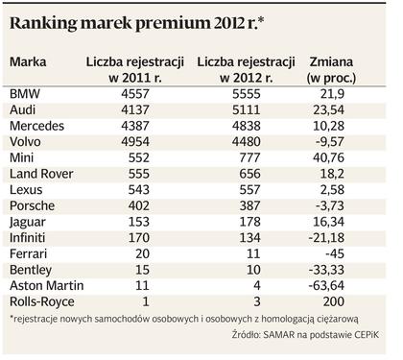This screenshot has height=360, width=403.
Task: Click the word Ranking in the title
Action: pos(43,24)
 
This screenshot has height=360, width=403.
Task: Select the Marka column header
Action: pos(28,61)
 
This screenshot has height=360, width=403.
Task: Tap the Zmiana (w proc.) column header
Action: pos(331,69)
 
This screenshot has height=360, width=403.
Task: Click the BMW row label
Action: pos(25,94)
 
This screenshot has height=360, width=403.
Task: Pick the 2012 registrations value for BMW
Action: pos(247,94)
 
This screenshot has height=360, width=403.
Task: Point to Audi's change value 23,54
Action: pos(328,109)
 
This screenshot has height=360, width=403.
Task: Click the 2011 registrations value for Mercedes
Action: pos(135,126)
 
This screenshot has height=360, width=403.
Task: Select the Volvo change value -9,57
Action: pos(330,142)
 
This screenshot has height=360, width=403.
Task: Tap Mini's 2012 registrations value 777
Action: pos(249,157)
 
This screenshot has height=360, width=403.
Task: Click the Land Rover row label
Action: pos(41,174)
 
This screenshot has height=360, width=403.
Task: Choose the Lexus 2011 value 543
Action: pos(139,190)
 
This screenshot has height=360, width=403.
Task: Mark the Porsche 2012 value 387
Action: pos(249,205)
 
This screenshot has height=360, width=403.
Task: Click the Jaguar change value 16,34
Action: pos(328,222)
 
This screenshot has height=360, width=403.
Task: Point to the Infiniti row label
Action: pos(28,238)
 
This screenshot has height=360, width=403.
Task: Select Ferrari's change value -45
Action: pos(335,253)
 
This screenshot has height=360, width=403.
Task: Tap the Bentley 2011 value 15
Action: pos(142,270)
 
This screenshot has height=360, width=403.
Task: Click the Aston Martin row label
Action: pos(47,285)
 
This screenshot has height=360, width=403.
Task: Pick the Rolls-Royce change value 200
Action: pos(334,301)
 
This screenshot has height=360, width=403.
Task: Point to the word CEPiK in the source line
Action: pos(367,335)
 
